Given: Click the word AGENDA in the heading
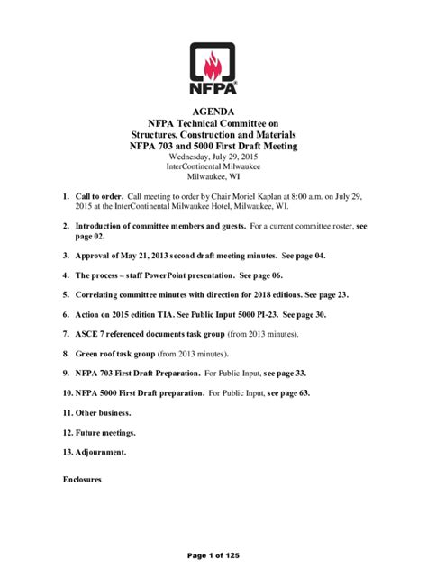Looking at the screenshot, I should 213,112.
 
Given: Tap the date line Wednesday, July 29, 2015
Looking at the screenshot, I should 213,156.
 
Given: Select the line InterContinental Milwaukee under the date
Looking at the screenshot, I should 213,166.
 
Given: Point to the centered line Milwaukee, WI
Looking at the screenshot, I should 213,177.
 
